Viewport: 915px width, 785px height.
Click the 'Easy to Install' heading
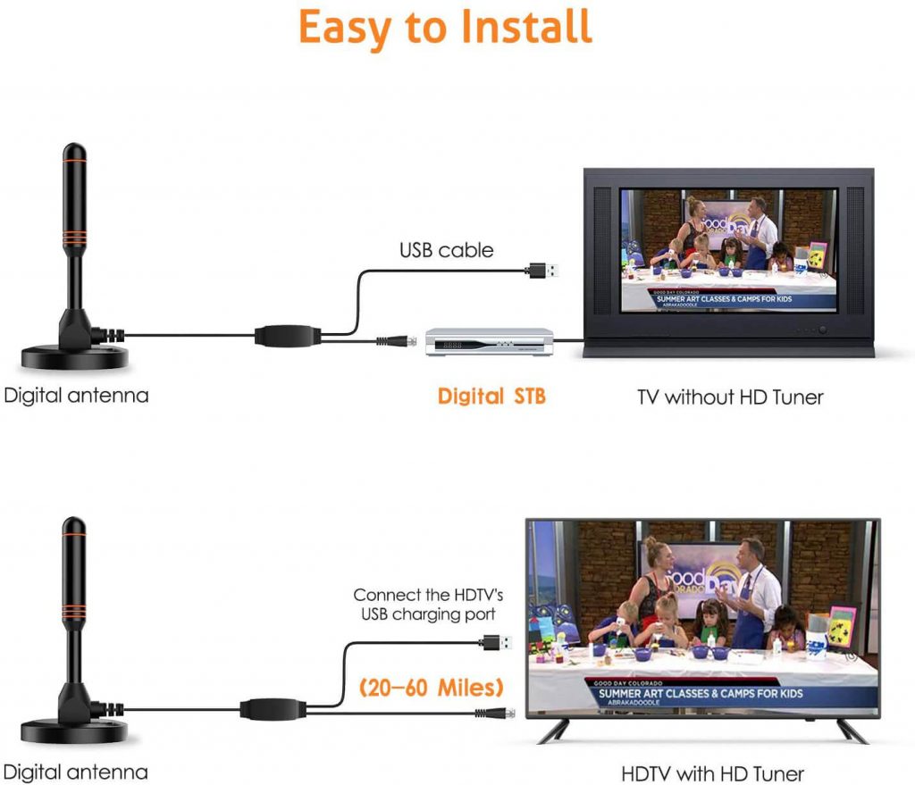tap(445, 27)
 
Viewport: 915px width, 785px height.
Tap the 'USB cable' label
tap(446, 251)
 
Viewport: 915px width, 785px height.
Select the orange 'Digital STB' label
tap(491, 396)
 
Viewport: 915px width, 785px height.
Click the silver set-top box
tap(488, 341)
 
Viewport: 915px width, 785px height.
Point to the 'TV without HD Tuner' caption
tap(730, 397)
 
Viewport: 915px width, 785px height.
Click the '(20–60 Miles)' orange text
tap(431, 689)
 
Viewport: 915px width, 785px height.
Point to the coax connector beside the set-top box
tap(394, 340)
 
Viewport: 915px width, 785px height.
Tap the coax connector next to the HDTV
tap(492, 714)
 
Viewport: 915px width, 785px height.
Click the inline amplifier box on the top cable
tap(286, 337)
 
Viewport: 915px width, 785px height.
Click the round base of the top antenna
tap(74, 357)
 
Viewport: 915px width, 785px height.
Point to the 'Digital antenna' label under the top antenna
tap(76, 395)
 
